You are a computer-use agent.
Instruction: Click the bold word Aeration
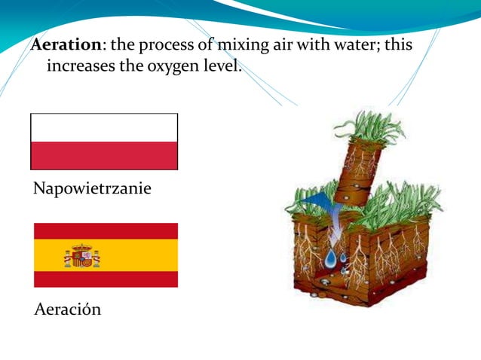[66, 45]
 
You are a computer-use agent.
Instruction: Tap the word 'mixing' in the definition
[240, 45]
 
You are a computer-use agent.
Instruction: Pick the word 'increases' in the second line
[78, 66]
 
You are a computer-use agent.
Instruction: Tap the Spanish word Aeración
[68, 309]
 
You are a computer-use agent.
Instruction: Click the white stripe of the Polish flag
[104, 127]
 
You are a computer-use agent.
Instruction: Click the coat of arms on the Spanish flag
[81, 256]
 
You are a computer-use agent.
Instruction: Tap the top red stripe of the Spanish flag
[106, 230]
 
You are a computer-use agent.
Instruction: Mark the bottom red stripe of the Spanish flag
[106, 279]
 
